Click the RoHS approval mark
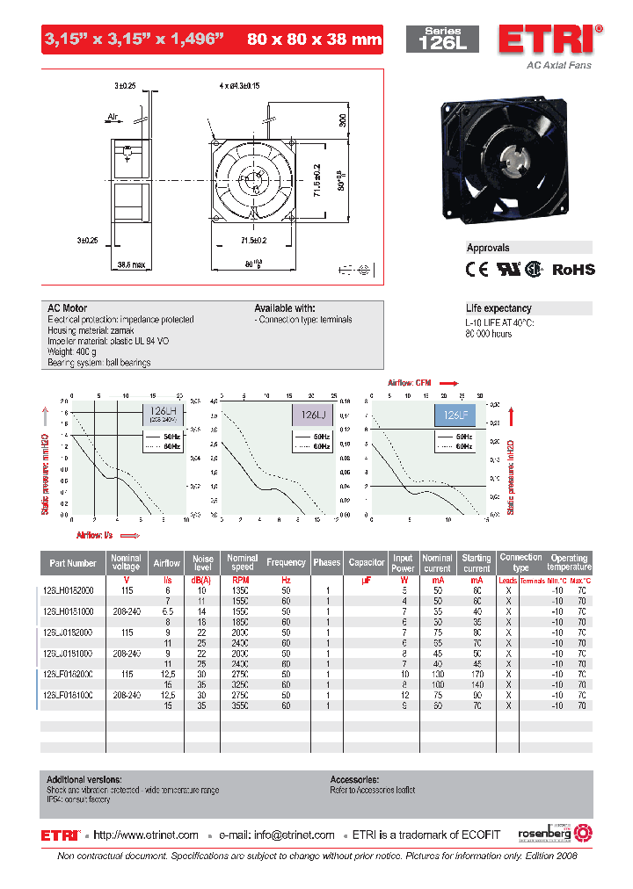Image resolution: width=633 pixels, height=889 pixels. pyautogui.click(x=572, y=270)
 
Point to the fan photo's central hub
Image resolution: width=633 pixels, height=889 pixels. pyautogui.click(x=513, y=160)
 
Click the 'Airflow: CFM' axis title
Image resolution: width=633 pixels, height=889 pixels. pyautogui.click(x=410, y=383)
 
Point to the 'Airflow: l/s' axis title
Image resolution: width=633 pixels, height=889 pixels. pyautogui.click(x=96, y=534)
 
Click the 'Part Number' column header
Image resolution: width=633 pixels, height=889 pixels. pyautogui.click(x=73, y=563)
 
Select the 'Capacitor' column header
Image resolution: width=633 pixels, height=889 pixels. pyautogui.click(x=367, y=562)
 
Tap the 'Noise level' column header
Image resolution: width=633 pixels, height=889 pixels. pyautogui.click(x=203, y=563)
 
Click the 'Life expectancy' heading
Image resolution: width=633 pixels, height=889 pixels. pyautogui.click(x=498, y=308)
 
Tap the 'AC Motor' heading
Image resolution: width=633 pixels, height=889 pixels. pyautogui.click(x=67, y=308)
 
